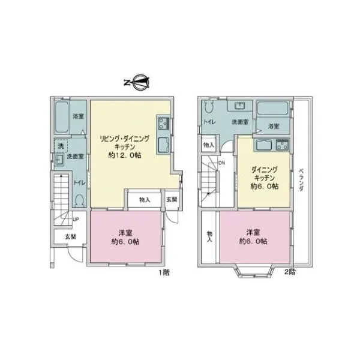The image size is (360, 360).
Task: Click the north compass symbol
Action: coord(137,82)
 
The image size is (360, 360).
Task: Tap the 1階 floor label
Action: coord(164,272)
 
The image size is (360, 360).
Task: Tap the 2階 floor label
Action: coord(290,272)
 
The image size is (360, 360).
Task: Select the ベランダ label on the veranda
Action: coord(301,180)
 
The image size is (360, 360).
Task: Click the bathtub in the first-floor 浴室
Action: coord(62,117)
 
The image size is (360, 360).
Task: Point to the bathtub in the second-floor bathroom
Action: coord(272,109)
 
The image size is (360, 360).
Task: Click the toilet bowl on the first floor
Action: coord(79,200)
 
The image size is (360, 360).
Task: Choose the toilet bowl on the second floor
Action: coord(209,107)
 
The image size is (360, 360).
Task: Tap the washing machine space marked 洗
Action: coord(61,146)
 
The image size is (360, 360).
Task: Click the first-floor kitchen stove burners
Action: coord(163,124)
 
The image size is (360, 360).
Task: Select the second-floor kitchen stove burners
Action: coord(282,145)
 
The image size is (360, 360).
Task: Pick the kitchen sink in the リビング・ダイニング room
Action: coord(163,145)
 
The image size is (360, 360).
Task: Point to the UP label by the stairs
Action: coord(76,220)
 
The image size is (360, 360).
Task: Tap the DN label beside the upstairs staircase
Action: coord(221,163)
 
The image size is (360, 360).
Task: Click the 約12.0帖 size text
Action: coord(125,155)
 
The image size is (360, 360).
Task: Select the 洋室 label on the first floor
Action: coord(125,233)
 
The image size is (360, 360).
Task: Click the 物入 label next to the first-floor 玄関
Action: coord(145,200)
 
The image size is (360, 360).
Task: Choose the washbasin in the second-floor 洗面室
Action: coord(240,106)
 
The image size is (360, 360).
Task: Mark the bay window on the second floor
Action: coord(254,271)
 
